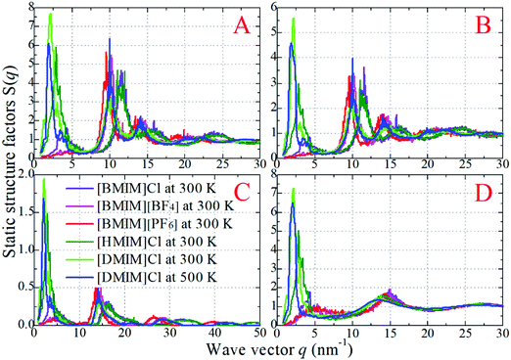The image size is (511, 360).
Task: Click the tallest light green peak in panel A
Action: click(x=50, y=15)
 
